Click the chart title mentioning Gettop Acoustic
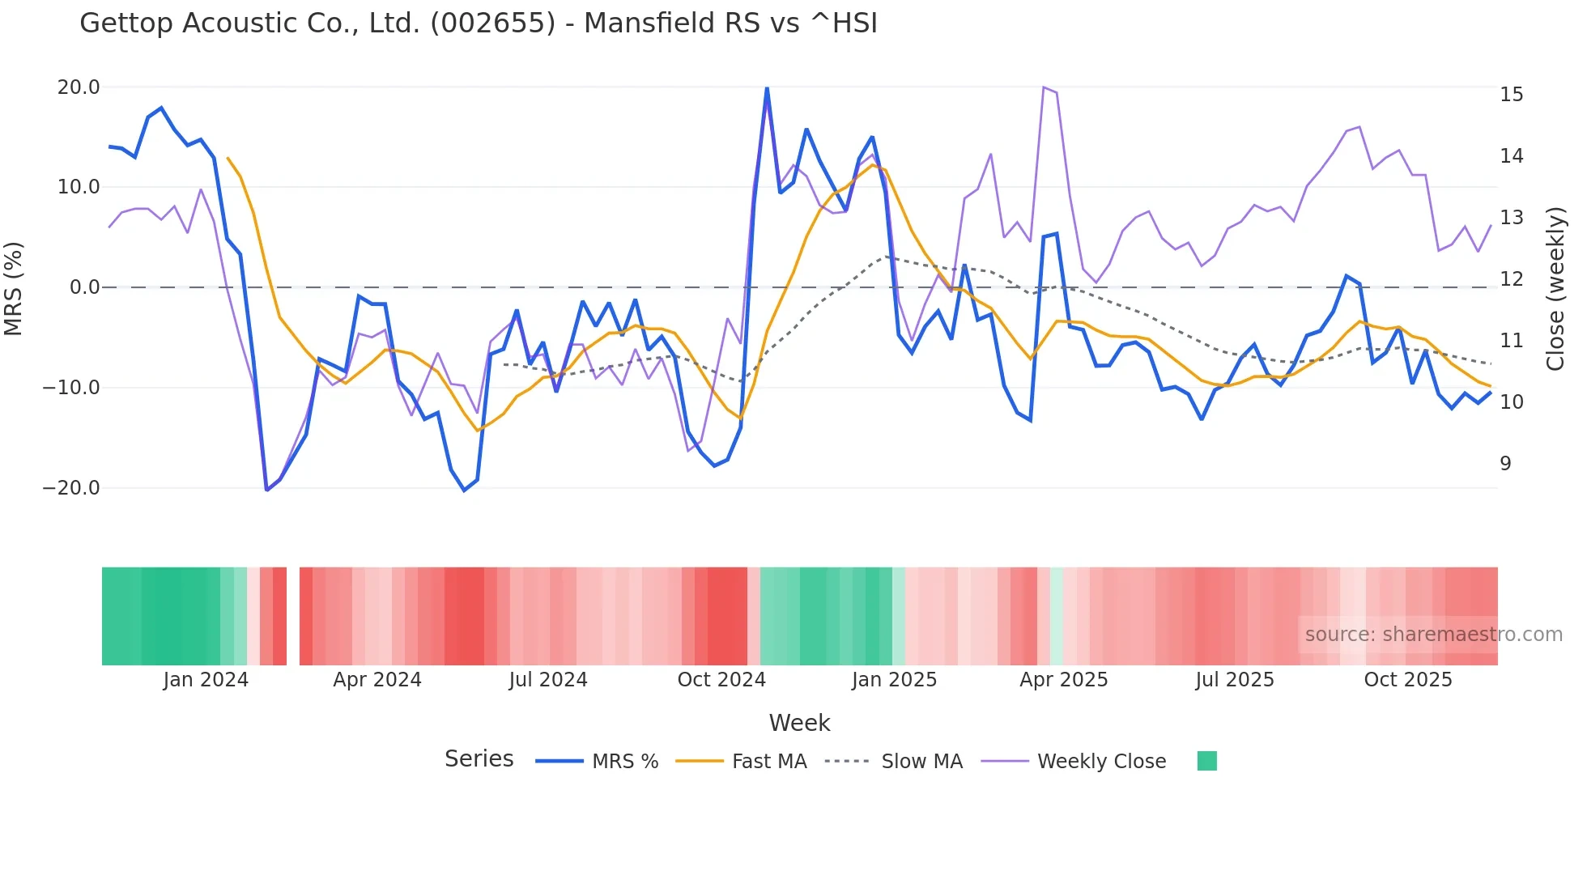coord(478,23)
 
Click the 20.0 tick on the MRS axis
coord(79,87)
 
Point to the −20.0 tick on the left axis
coord(71,488)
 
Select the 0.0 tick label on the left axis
coord(84,287)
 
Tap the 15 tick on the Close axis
coord(1511,95)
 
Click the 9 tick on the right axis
coord(1505,464)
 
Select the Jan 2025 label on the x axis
coord(894,680)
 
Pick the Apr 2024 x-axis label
coord(377,680)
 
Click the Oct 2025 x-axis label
coord(1408,680)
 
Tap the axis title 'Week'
coord(799,723)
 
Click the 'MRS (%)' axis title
coord(14,288)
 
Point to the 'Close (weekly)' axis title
coord(1555,288)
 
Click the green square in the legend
coord(1206,761)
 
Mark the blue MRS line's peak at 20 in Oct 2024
coord(767,88)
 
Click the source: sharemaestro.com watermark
coord(1433,635)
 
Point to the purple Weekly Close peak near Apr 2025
coord(1044,87)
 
